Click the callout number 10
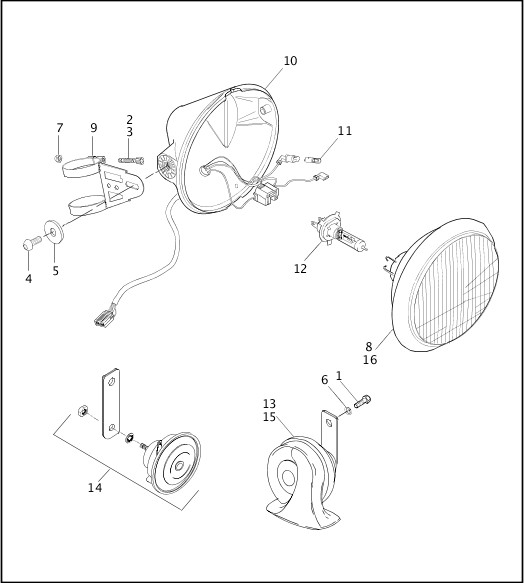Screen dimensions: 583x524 coord(290,61)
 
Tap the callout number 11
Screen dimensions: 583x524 coord(344,131)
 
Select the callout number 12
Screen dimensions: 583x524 coord(300,268)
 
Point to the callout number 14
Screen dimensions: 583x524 coord(95,488)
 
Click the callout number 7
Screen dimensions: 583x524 coord(60,128)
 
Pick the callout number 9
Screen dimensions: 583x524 coord(93,128)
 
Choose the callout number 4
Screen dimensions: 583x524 coord(28,279)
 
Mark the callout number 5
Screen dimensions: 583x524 coord(56,270)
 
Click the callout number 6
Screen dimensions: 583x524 coord(324,379)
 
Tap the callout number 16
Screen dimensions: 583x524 coord(370,359)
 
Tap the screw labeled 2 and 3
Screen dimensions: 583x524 coord(130,158)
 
